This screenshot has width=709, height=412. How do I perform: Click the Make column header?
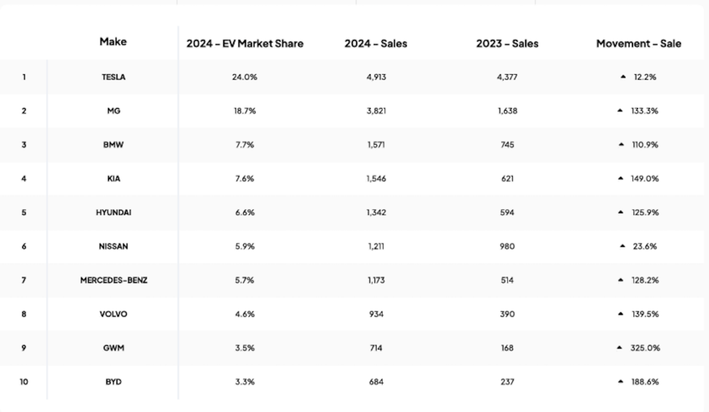pyautogui.click(x=113, y=42)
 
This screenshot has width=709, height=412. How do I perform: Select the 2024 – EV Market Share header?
pyautogui.click(x=244, y=44)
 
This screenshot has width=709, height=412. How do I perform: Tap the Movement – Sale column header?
pyautogui.click(x=638, y=44)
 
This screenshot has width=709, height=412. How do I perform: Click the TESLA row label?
pyautogui.click(x=113, y=77)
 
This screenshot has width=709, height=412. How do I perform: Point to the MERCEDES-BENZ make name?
pyautogui.click(x=113, y=280)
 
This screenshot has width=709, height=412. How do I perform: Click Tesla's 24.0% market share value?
pyautogui.click(x=244, y=77)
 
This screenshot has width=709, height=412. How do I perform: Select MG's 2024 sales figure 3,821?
pyautogui.click(x=375, y=111)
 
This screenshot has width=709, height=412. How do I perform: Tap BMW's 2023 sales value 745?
pyautogui.click(x=507, y=145)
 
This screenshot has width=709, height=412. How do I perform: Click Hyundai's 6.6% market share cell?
pyautogui.click(x=244, y=213)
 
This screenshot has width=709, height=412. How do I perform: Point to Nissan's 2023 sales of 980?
pyautogui.click(x=507, y=247)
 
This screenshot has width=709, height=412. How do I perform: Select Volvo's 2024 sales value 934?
pyautogui.click(x=375, y=314)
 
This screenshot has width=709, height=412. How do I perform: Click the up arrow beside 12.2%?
pyautogui.click(x=623, y=77)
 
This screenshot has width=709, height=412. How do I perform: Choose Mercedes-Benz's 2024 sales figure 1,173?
pyautogui.click(x=375, y=280)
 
